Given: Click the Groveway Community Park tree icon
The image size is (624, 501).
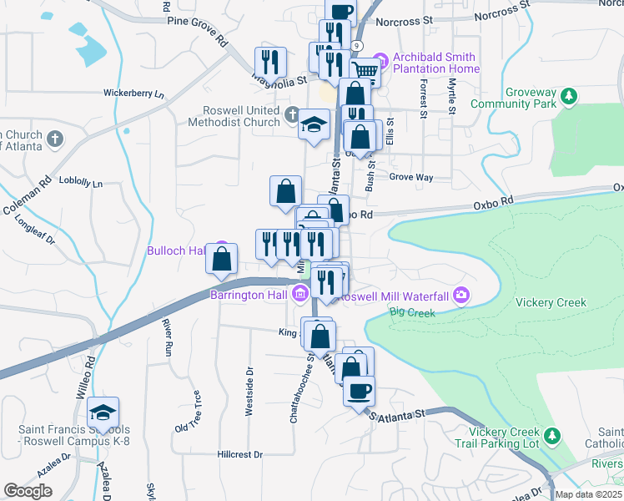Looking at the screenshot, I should [569, 98].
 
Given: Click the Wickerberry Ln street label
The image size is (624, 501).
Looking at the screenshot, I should [133, 94].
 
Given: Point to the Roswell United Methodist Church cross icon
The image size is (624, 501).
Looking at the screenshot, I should [292, 114].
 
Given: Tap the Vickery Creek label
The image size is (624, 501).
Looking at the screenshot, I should [551, 302].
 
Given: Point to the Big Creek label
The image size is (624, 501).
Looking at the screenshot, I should [412, 313].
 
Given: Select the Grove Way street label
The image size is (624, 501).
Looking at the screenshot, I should [411, 177].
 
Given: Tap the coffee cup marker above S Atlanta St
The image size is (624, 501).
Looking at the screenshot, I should [359, 391].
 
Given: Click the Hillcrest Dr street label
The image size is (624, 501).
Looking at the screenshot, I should [239, 454].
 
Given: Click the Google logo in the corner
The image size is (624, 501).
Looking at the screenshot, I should [28, 491].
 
